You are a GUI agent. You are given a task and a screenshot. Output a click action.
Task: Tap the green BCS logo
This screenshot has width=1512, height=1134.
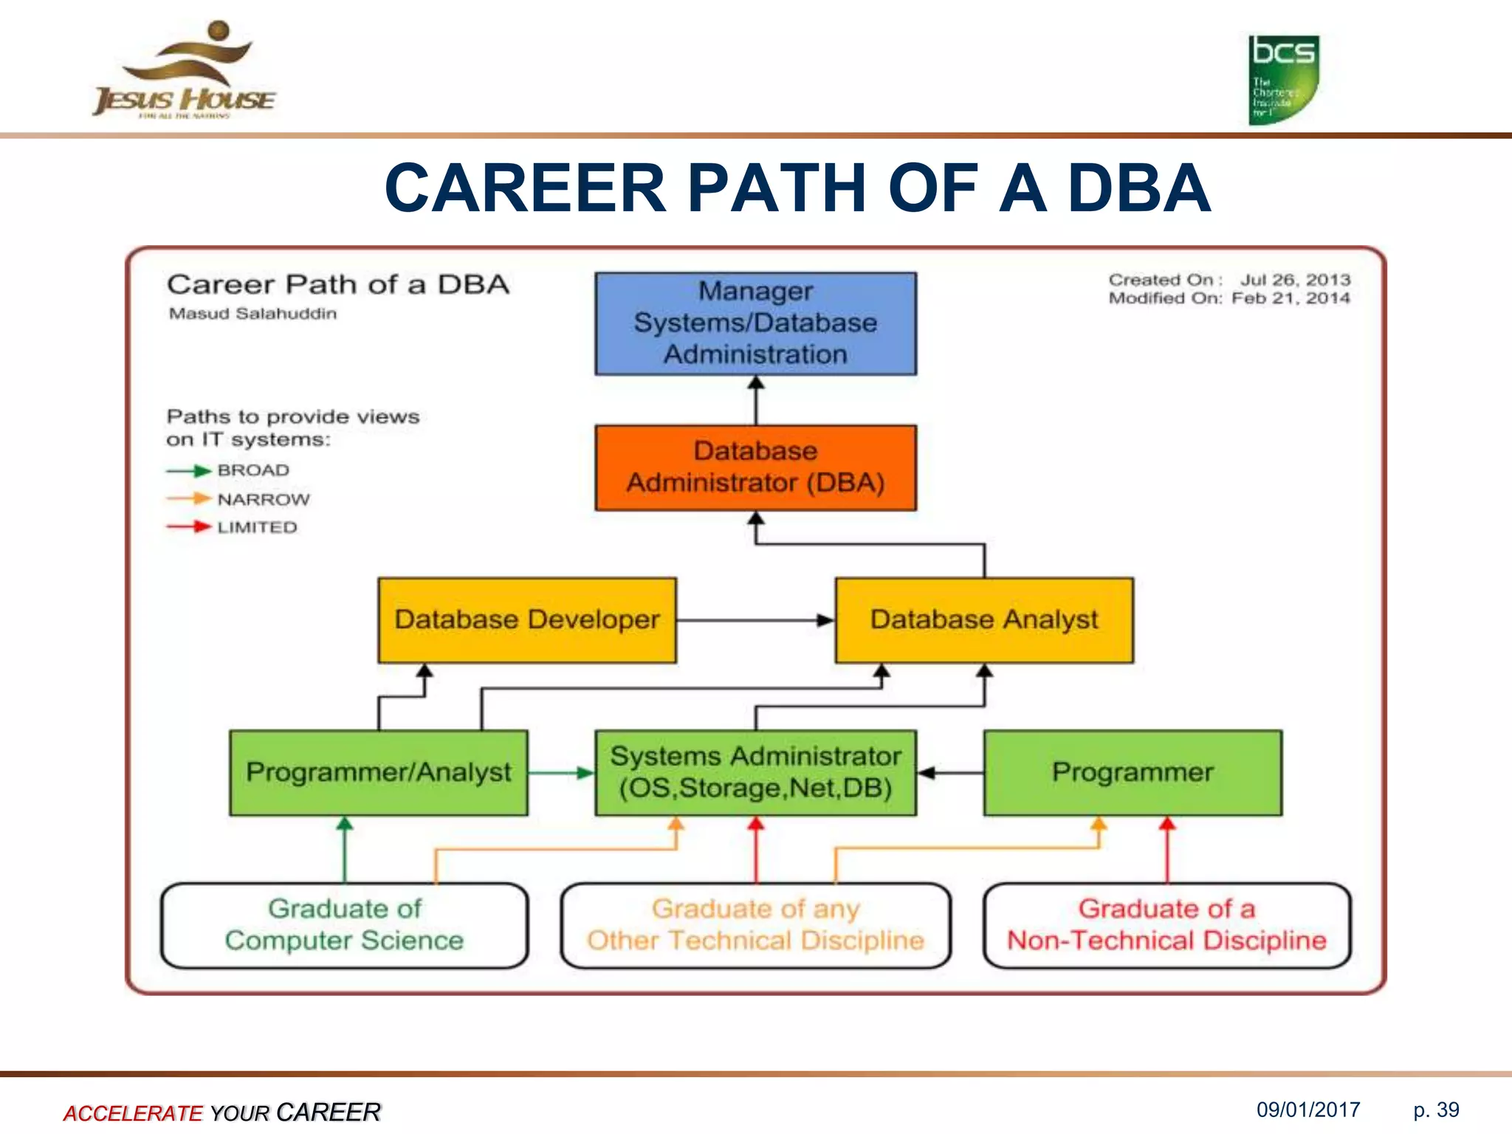1283,80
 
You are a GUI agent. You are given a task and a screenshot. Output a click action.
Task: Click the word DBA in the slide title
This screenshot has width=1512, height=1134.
1138,188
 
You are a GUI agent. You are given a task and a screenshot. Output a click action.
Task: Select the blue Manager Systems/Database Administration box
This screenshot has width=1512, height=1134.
755,323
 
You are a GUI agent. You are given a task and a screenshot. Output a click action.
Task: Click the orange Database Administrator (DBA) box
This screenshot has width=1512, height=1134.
755,467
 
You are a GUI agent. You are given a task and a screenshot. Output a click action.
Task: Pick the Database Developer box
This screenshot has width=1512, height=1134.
526,620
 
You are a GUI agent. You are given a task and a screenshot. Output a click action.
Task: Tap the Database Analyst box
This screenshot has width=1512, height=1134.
983,620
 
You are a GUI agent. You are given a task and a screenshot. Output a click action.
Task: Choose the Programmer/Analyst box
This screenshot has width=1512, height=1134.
378,773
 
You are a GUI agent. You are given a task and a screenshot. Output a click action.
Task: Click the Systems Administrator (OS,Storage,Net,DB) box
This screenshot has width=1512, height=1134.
755,773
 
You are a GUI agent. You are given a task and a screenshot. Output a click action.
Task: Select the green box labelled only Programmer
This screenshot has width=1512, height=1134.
1133,773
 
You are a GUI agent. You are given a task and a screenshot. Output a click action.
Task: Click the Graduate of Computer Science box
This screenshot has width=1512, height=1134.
344,925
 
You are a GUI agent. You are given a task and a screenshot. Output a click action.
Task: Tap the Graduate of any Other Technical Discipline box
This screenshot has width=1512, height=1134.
755,925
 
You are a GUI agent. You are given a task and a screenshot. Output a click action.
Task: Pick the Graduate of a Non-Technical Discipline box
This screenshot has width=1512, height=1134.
1166,925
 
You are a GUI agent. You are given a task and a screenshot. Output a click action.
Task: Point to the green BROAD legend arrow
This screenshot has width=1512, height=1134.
189,471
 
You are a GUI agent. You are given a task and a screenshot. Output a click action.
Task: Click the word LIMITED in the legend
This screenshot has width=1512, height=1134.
257,527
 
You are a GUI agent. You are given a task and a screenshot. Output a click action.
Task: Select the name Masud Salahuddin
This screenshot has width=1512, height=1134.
252,314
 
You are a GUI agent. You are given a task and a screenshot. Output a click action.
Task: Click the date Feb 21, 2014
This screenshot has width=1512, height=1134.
1291,298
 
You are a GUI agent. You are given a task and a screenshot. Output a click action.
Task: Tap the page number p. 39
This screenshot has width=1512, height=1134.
1436,1110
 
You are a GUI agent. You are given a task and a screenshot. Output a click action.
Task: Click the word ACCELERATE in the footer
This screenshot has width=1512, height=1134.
133,1113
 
